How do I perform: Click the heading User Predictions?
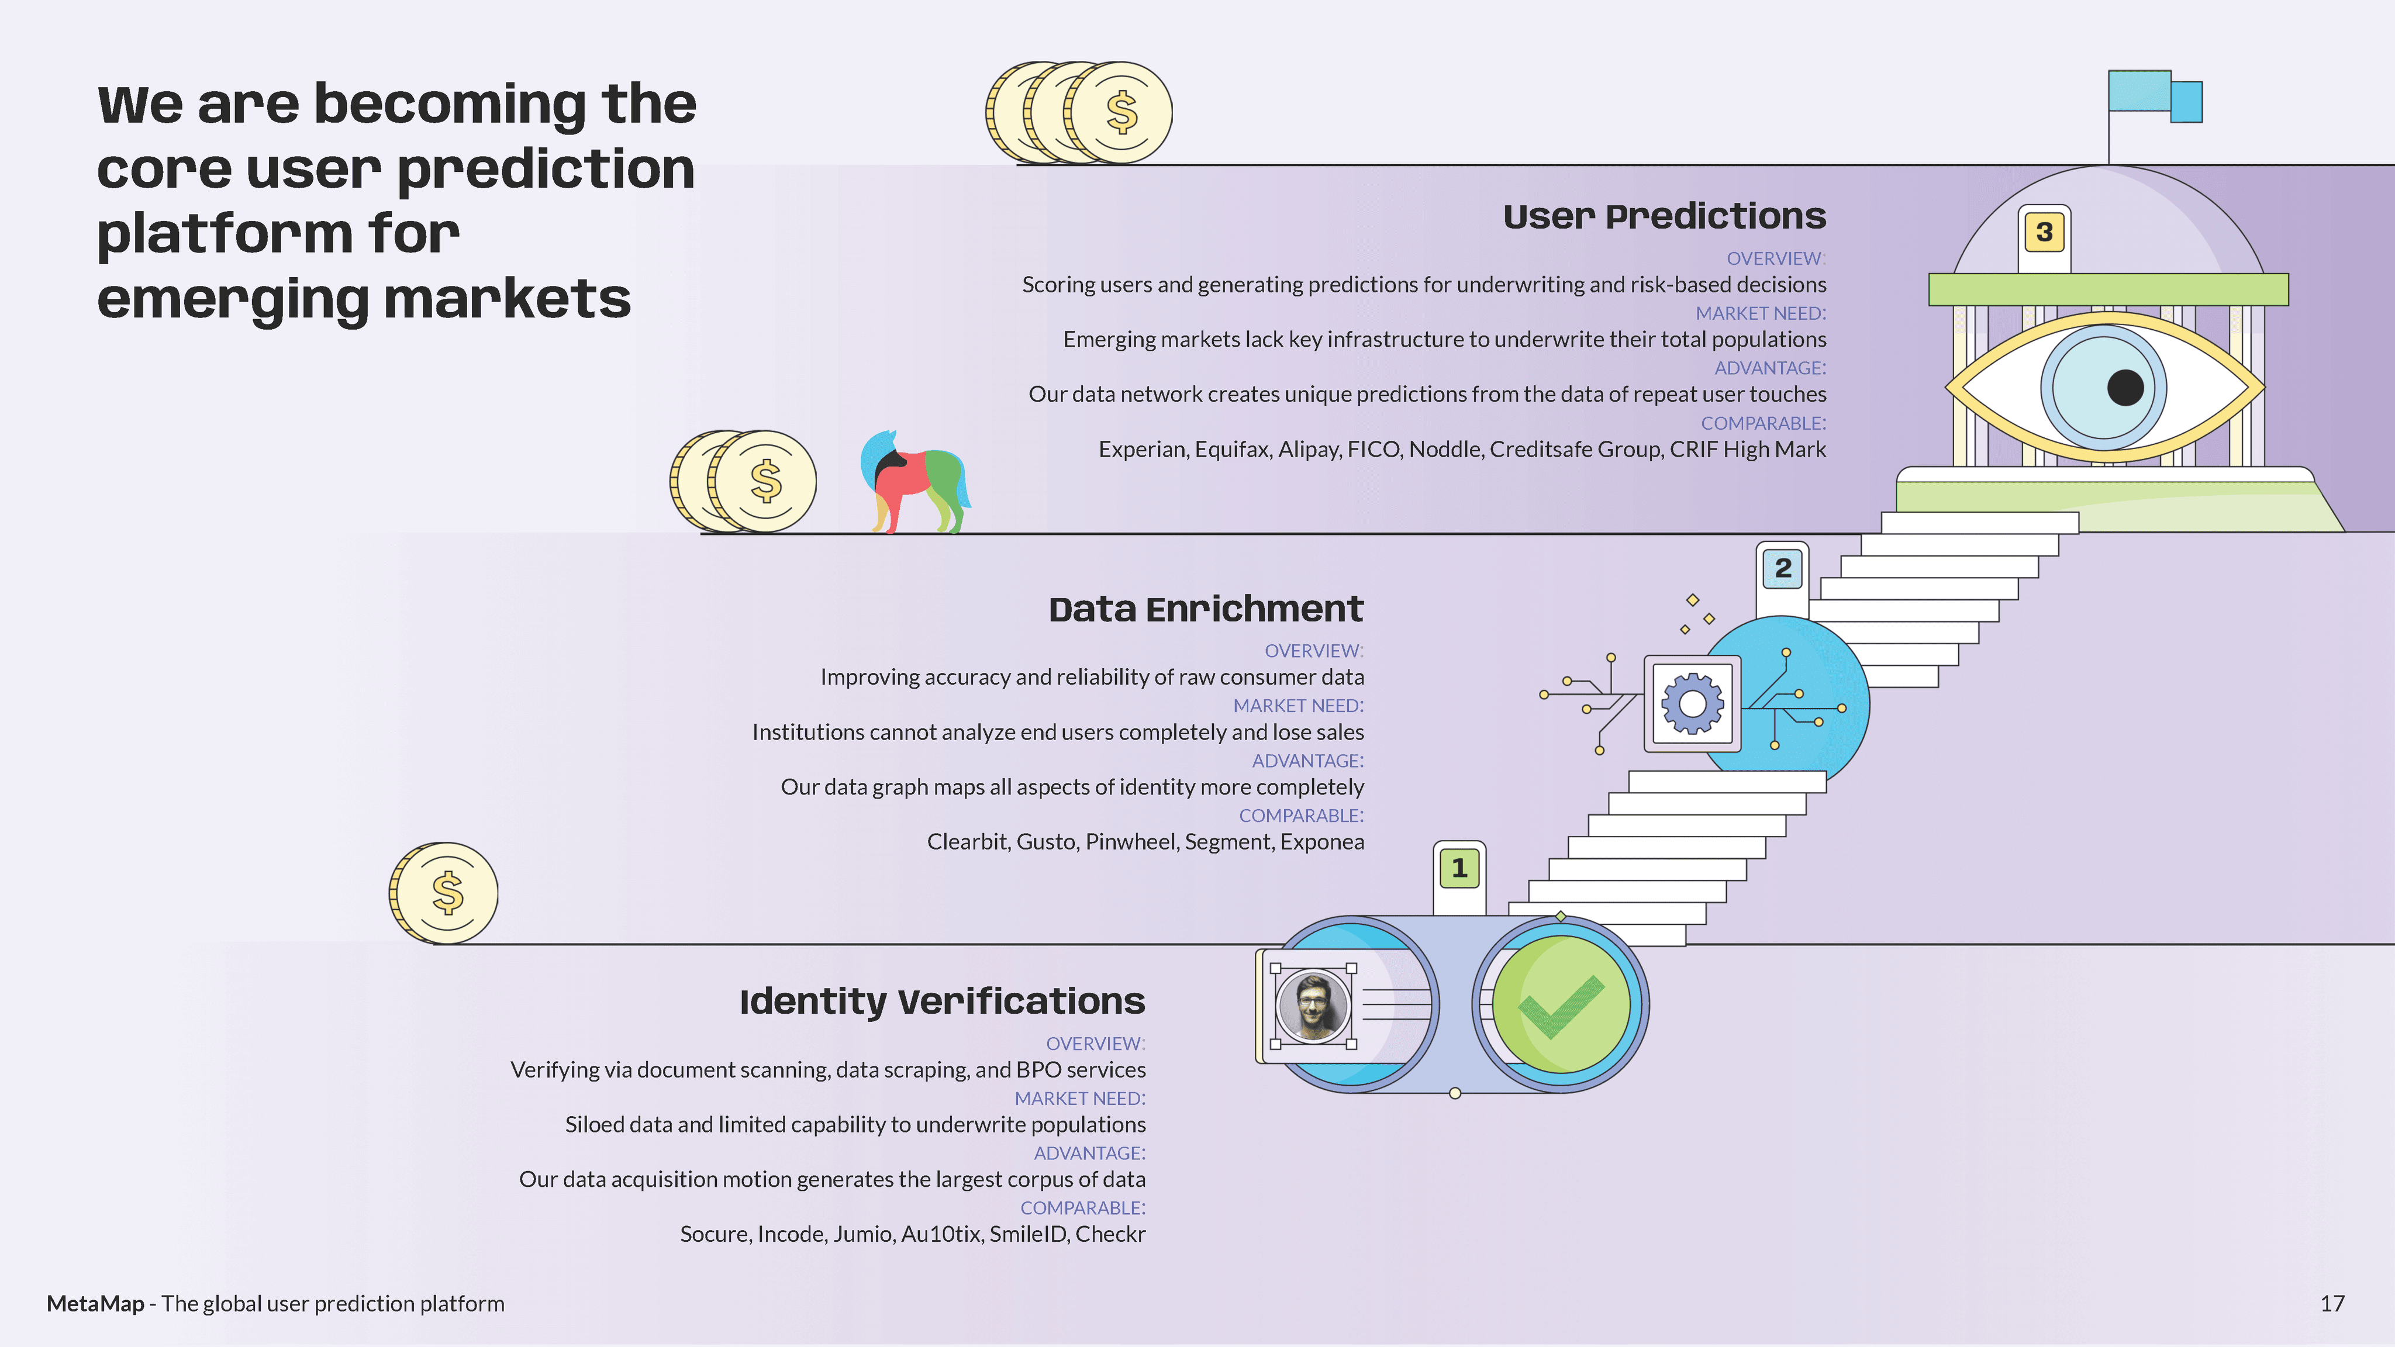coord(1664,216)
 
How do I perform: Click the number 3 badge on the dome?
coord(2044,233)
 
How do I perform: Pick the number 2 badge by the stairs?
coord(1782,568)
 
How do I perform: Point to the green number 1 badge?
coord(1459,868)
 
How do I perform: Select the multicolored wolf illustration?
coord(914,481)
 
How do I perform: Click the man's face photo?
coord(1313,1005)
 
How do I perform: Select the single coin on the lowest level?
coord(444,892)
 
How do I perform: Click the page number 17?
coord(2332,1303)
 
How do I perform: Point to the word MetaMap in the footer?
coord(95,1303)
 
